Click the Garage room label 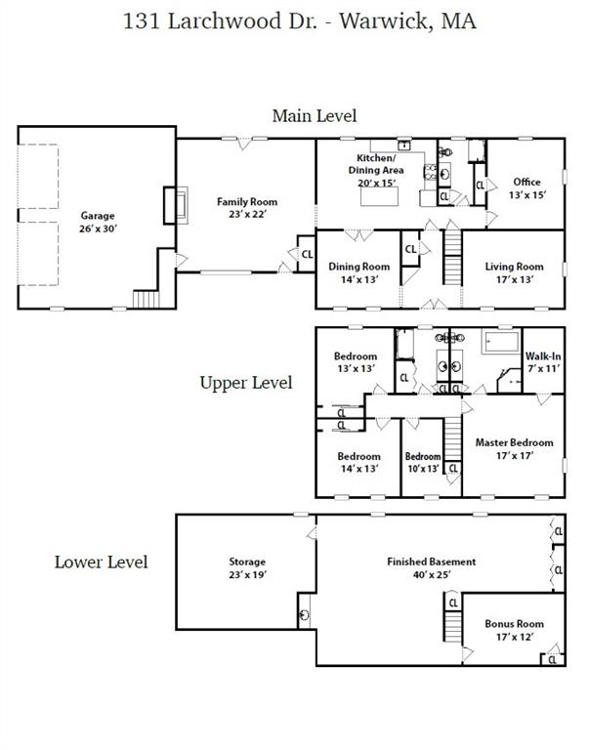pyautogui.click(x=98, y=222)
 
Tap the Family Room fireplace pyautogui.click(x=176, y=205)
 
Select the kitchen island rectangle pyautogui.click(x=379, y=196)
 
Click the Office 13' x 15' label pyautogui.click(x=526, y=187)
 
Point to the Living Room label pyautogui.click(x=514, y=272)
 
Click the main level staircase pyautogui.click(x=452, y=257)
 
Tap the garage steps pyautogui.click(x=146, y=300)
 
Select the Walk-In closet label pyautogui.click(x=543, y=362)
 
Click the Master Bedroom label pyautogui.click(x=514, y=448)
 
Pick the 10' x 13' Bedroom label pyautogui.click(x=423, y=463)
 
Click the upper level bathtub pyautogui.click(x=500, y=342)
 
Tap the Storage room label pyautogui.click(x=247, y=567)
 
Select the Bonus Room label pyautogui.click(x=514, y=630)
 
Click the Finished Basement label pyautogui.click(x=431, y=567)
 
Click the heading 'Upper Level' pyautogui.click(x=246, y=383)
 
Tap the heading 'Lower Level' pyautogui.click(x=101, y=562)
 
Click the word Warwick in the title pyautogui.click(x=383, y=21)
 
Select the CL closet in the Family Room pyautogui.click(x=307, y=254)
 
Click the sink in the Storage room pyautogui.click(x=304, y=614)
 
